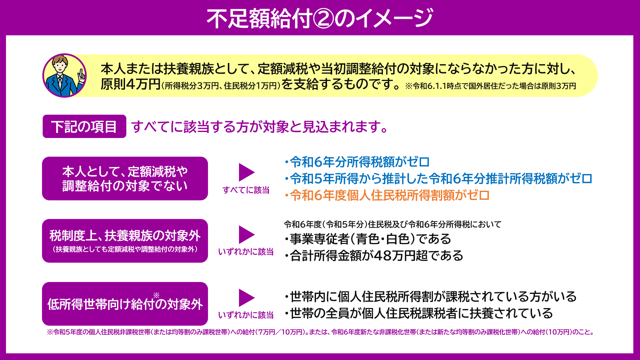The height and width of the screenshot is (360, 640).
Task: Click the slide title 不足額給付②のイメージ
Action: coord(320,18)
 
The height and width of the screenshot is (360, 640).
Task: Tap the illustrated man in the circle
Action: coord(65,76)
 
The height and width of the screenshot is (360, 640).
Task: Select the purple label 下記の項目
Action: coord(84,126)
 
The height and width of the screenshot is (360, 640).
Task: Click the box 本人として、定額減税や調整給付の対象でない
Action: coord(125,178)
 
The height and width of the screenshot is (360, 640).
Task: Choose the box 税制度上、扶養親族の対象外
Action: coord(125,241)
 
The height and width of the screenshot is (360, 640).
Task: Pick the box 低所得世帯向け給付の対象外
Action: coord(125,304)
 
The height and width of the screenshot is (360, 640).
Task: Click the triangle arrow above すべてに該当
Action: coord(247,172)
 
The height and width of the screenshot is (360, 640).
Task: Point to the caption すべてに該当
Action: coord(246,190)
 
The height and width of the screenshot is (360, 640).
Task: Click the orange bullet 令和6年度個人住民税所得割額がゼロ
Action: coord(387,195)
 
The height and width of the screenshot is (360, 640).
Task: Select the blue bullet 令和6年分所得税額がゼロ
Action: coord(357,162)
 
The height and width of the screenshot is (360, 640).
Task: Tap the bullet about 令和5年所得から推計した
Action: coord(438,179)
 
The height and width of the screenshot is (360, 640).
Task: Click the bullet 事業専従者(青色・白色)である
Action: coord(367,239)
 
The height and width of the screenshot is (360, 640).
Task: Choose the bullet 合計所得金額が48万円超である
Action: coord(373,256)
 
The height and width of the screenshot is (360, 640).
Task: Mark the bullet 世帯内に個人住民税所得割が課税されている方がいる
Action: coord(430,296)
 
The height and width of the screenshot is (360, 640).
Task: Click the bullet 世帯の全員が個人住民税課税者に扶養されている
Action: coord(418,313)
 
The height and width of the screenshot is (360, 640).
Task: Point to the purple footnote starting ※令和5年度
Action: coord(320,332)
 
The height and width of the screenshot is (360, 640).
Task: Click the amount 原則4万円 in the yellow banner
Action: coord(131,84)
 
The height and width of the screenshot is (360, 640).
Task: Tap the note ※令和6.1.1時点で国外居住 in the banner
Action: coord(490,86)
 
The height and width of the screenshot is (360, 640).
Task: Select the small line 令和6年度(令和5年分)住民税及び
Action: coord(392,224)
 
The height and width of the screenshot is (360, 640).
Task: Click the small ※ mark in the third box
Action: coord(156,295)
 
